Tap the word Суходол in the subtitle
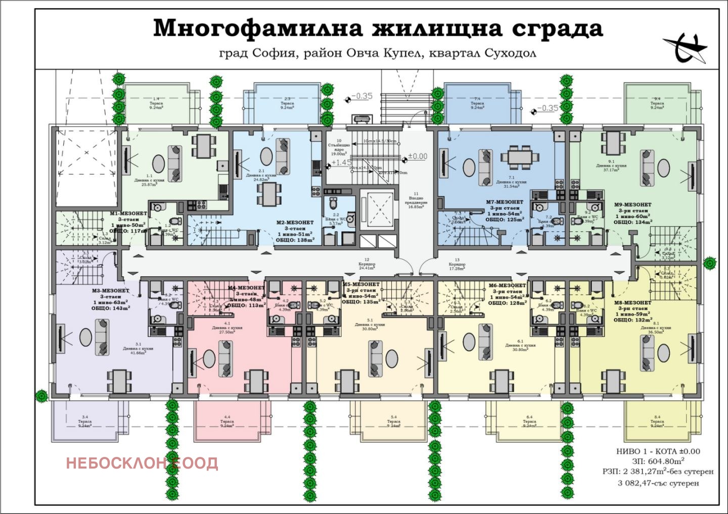tap(510, 53)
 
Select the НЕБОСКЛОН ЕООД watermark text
tap(142, 463)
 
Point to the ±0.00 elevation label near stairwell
tap(417, 157)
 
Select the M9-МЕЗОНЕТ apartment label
tap(632, 205)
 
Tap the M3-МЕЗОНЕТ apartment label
tap(110, 291)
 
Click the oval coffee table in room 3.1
tap(85, 337)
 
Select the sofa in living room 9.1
tap(647, 168)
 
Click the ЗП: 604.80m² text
tap(658, 461)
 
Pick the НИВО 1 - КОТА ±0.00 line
tap(658, 451)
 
